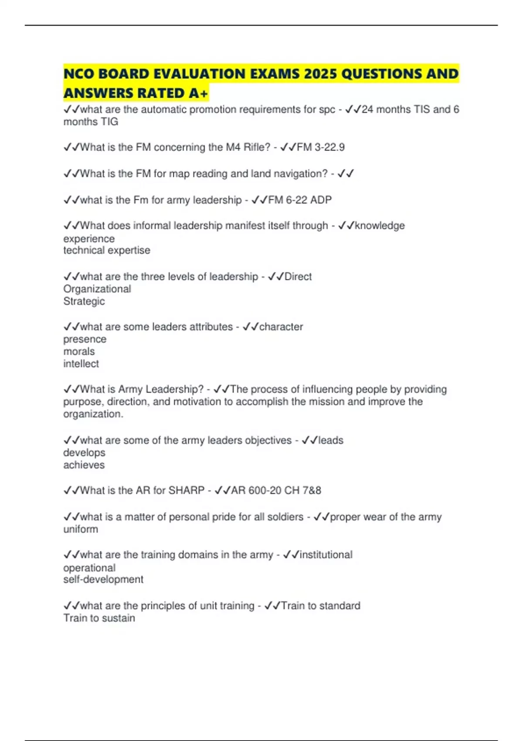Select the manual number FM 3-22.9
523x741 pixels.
tap(320, 147)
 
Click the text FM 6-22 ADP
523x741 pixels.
tap(300, 200)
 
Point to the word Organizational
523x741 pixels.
tap(97, 289)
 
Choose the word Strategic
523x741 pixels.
tap(84, 301)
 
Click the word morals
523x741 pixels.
tap(79, 351)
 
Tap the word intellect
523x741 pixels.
tap(81, 364)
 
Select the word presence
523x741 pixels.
tap(85, 339)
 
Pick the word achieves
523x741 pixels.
tap(84, 465)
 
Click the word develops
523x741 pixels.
tap(85, 453)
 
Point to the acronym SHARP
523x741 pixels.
tap(187, 490)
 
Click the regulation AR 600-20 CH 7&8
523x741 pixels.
tap(276, 490)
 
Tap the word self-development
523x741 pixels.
tap(103, 579)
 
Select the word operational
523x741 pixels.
tap(89, 568)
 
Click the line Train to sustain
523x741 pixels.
tap(99, 618)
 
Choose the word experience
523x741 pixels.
tap(89, 239)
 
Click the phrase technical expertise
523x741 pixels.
tap(107, 250)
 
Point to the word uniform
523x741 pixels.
tap(81, 529)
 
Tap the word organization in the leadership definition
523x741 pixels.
tap(92, 414)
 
